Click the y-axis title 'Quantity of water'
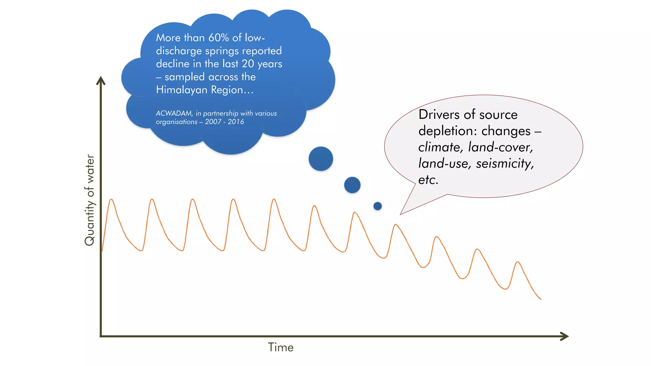(x=90, y=200)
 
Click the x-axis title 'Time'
(x=280, y=347)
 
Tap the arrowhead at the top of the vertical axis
(x=101, y=80)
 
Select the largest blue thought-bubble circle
(x=321, y=159)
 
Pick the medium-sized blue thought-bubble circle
(x=352, y=185)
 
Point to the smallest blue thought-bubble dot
(x=377, y=206)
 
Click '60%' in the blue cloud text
(x=219, y=38)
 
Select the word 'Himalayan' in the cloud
(x=182, y=90)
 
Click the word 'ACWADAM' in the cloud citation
(x=174, y=113)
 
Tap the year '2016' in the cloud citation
(x=236, y=122)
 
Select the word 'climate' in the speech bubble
(x=439, y=147)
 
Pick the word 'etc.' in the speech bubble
(x=428, y=180)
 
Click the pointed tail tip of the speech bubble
(x=400, y=214)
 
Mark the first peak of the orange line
(x=111, y=199)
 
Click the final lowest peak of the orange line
(x=518, y=262)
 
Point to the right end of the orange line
(x=541, y=299)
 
